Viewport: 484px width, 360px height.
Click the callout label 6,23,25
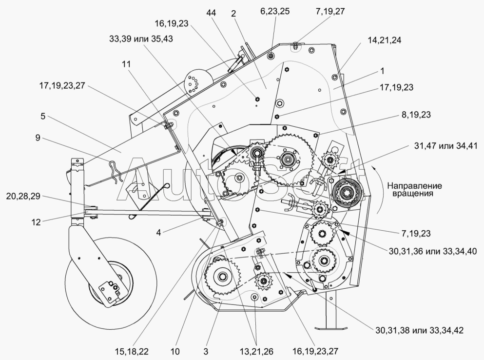click(x=276, y=11)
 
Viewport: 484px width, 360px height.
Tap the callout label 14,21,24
click(x=381, y=41)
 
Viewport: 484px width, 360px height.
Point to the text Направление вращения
click(x=415, y=189)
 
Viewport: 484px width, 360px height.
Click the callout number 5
click(x=43, y=117)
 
